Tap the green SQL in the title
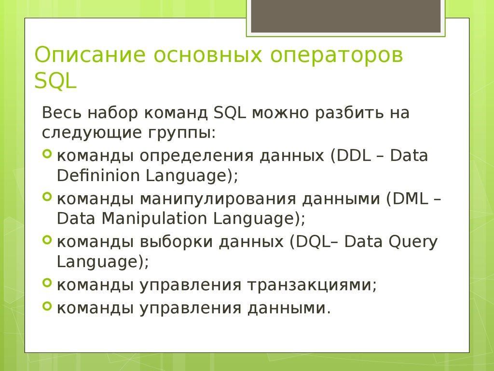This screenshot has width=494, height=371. tap(55, 80)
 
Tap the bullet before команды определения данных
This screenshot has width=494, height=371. tap(47, 154)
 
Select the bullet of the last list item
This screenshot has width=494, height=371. tap(47, 306)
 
